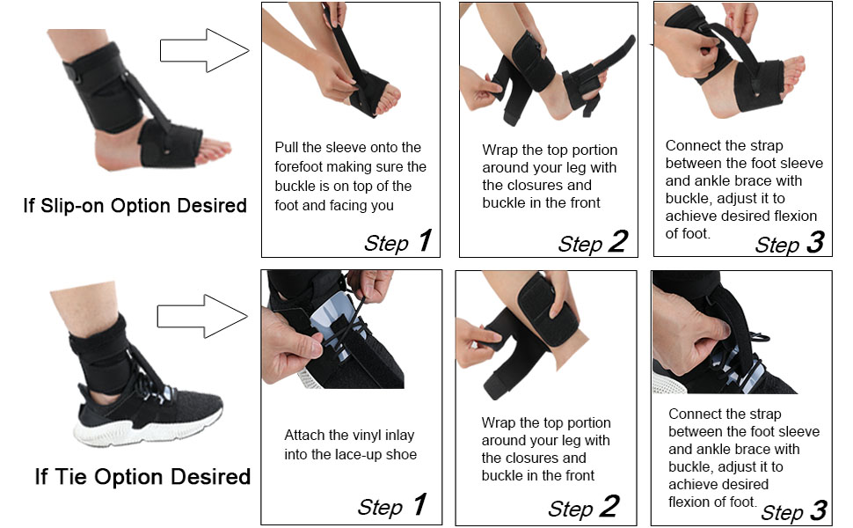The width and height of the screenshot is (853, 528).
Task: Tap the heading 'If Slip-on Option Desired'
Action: click(x=135, y=206)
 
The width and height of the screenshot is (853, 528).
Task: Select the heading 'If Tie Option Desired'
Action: click(x=142, y=477)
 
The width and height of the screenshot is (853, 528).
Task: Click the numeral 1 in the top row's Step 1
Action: click(x=425, y=240)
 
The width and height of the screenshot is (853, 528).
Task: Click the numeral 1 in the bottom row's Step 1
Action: click(x=419, y=504)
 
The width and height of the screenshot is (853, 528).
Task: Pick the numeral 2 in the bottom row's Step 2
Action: click(x=607, y=506)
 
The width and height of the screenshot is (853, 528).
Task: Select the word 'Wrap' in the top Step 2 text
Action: click(x=499, y=150)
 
